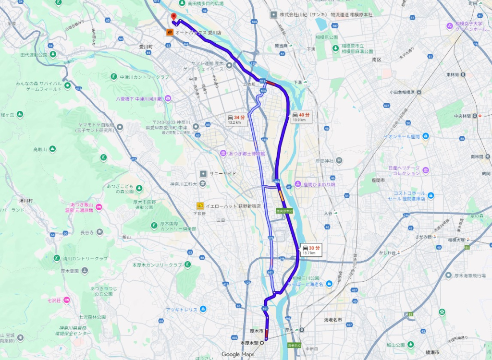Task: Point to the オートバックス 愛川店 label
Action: [x=198, y=33]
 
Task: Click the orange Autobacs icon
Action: [x=169, y=33]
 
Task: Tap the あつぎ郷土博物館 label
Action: [x=246, y=153]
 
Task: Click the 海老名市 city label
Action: [x=332, y=319]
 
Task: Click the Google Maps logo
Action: [x=238, y=354]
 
